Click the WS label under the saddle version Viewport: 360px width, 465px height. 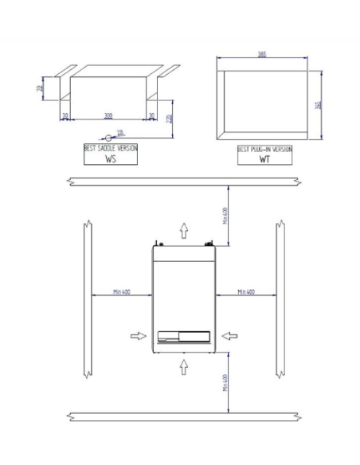(111, 158)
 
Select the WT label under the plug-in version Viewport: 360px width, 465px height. (264, 158)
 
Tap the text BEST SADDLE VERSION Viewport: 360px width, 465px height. (111, 149)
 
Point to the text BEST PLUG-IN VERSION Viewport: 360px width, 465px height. (265, 149)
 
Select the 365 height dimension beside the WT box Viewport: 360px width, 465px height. (319, 106)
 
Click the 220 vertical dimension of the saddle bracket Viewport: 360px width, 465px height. (170, 118)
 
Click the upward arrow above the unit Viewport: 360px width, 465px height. (185, 231)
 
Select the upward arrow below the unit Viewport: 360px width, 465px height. (185, 367)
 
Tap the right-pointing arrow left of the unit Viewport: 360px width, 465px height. (137, 336)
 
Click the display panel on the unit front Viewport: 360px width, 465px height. (183, 336)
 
